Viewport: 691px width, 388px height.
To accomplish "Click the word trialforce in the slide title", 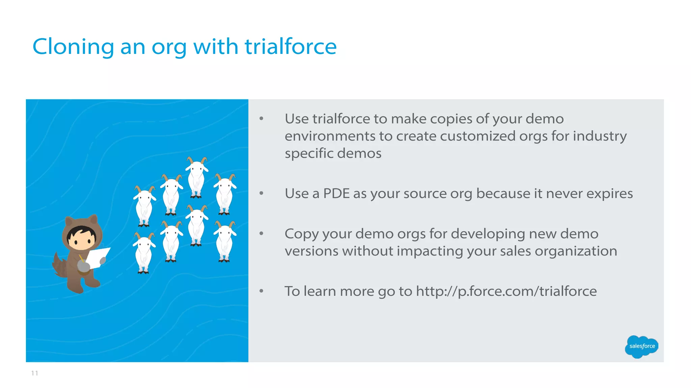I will coord(291,46).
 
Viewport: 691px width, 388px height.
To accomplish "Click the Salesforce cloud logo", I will coord(641,346).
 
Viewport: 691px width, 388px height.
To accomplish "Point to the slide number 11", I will coord(34,373).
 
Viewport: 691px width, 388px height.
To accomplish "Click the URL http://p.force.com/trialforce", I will coord(506,291).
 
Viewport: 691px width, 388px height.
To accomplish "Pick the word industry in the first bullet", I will coord(600,136).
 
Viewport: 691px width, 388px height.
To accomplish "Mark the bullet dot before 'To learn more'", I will coord(261,291).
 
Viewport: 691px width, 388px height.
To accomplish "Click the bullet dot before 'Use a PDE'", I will coord(261,193).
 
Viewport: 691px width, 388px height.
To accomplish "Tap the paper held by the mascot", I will coord(98,257).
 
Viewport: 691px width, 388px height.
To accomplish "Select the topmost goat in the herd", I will coord(197,177).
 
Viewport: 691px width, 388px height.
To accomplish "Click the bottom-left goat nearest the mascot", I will coord(144,253).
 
